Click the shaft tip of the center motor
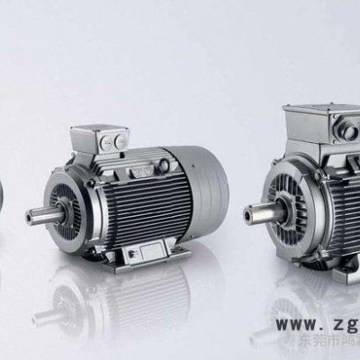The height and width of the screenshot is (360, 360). coord(31,215)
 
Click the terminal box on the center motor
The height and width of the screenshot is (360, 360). coord(102,140)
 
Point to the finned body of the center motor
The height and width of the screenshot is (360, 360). coord(144,202)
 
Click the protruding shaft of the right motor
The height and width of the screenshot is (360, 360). coord(256,214)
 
